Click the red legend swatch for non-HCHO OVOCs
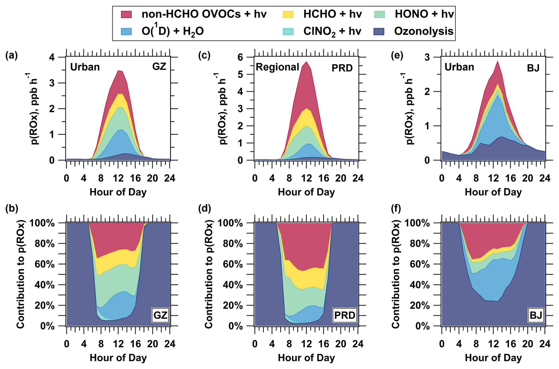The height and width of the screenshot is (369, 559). pyautogui.click(x=126, y=14)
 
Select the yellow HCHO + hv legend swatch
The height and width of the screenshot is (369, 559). pyautogui.click(x=288, y=14)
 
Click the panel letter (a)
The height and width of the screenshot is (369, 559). pyautogui.click(x=12, y=55)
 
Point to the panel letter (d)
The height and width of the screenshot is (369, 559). pyautogui.click(x=205, y=208)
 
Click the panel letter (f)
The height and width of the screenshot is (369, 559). pyautogui.click(x=396, y=208)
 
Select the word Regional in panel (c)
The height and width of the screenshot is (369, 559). pyautogui.click(x=277, y=67)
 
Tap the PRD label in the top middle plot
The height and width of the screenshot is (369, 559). pyautogui.click(x=342, y=68)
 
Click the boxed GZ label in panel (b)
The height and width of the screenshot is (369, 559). pyautogui.click(x=160, y=315)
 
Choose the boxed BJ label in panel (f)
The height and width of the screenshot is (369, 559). pyautogui.click(x=536, y=315)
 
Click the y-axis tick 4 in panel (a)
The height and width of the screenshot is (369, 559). pyautogui.click(x=52, y=57)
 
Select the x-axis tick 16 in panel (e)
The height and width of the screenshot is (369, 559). pyautogui.click(x=511, y=178)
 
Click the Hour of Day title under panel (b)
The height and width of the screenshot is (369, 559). pyautogui.click(x=118, y=358)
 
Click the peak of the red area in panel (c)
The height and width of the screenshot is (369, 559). pyautogui.click(x=307, y=62)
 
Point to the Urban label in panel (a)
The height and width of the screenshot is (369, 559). pyautogui.click(x=85, y=67)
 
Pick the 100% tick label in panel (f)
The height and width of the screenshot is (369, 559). pyautogui.click(x=417, y=223)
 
